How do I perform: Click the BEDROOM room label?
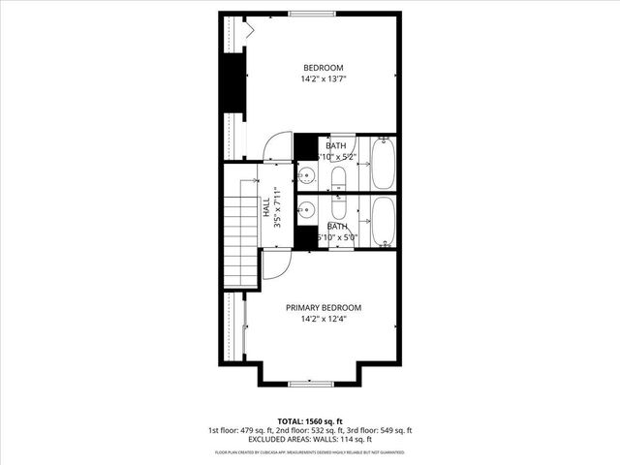(323, 68)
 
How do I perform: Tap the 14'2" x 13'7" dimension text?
(323, 79)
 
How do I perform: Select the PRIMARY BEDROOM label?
(323, 307)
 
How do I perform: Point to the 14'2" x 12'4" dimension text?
(323, 319)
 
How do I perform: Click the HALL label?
(265, 207)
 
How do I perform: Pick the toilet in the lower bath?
(340, 208)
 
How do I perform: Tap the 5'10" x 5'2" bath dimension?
(336, 156)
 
